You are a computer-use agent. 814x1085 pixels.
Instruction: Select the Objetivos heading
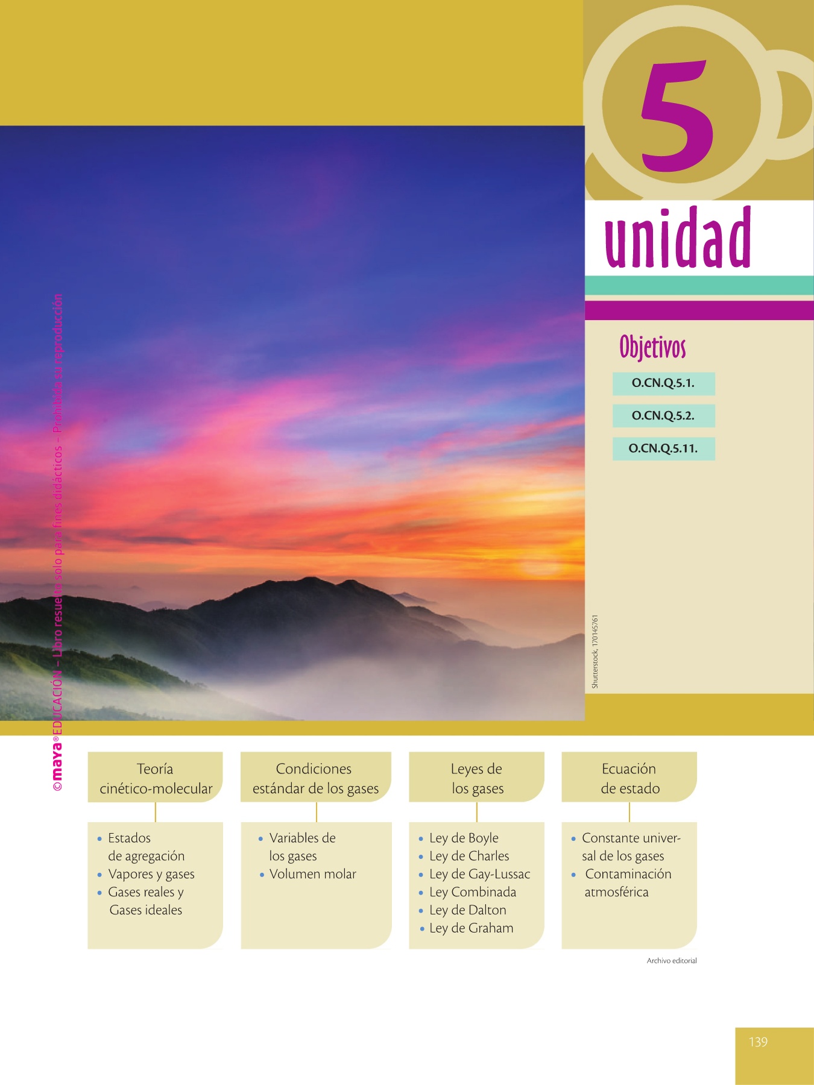(652, 347)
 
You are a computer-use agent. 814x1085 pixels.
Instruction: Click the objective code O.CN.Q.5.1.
(663, 383)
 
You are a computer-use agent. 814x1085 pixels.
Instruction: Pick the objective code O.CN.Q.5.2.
(663, 416)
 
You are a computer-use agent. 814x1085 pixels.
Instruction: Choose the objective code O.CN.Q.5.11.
(663, 449)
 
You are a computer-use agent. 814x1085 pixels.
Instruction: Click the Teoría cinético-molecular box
(156, 777)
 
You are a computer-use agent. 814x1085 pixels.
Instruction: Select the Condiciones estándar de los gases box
(316, 777)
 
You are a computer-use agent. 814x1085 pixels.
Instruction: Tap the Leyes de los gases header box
(476, 777)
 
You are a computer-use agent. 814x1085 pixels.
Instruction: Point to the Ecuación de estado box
(629, 777)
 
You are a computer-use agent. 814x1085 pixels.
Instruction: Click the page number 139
(758, 1042)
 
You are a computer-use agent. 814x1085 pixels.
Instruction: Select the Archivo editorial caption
(672, 961)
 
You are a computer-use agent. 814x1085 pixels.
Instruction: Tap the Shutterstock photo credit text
(595, 652)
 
